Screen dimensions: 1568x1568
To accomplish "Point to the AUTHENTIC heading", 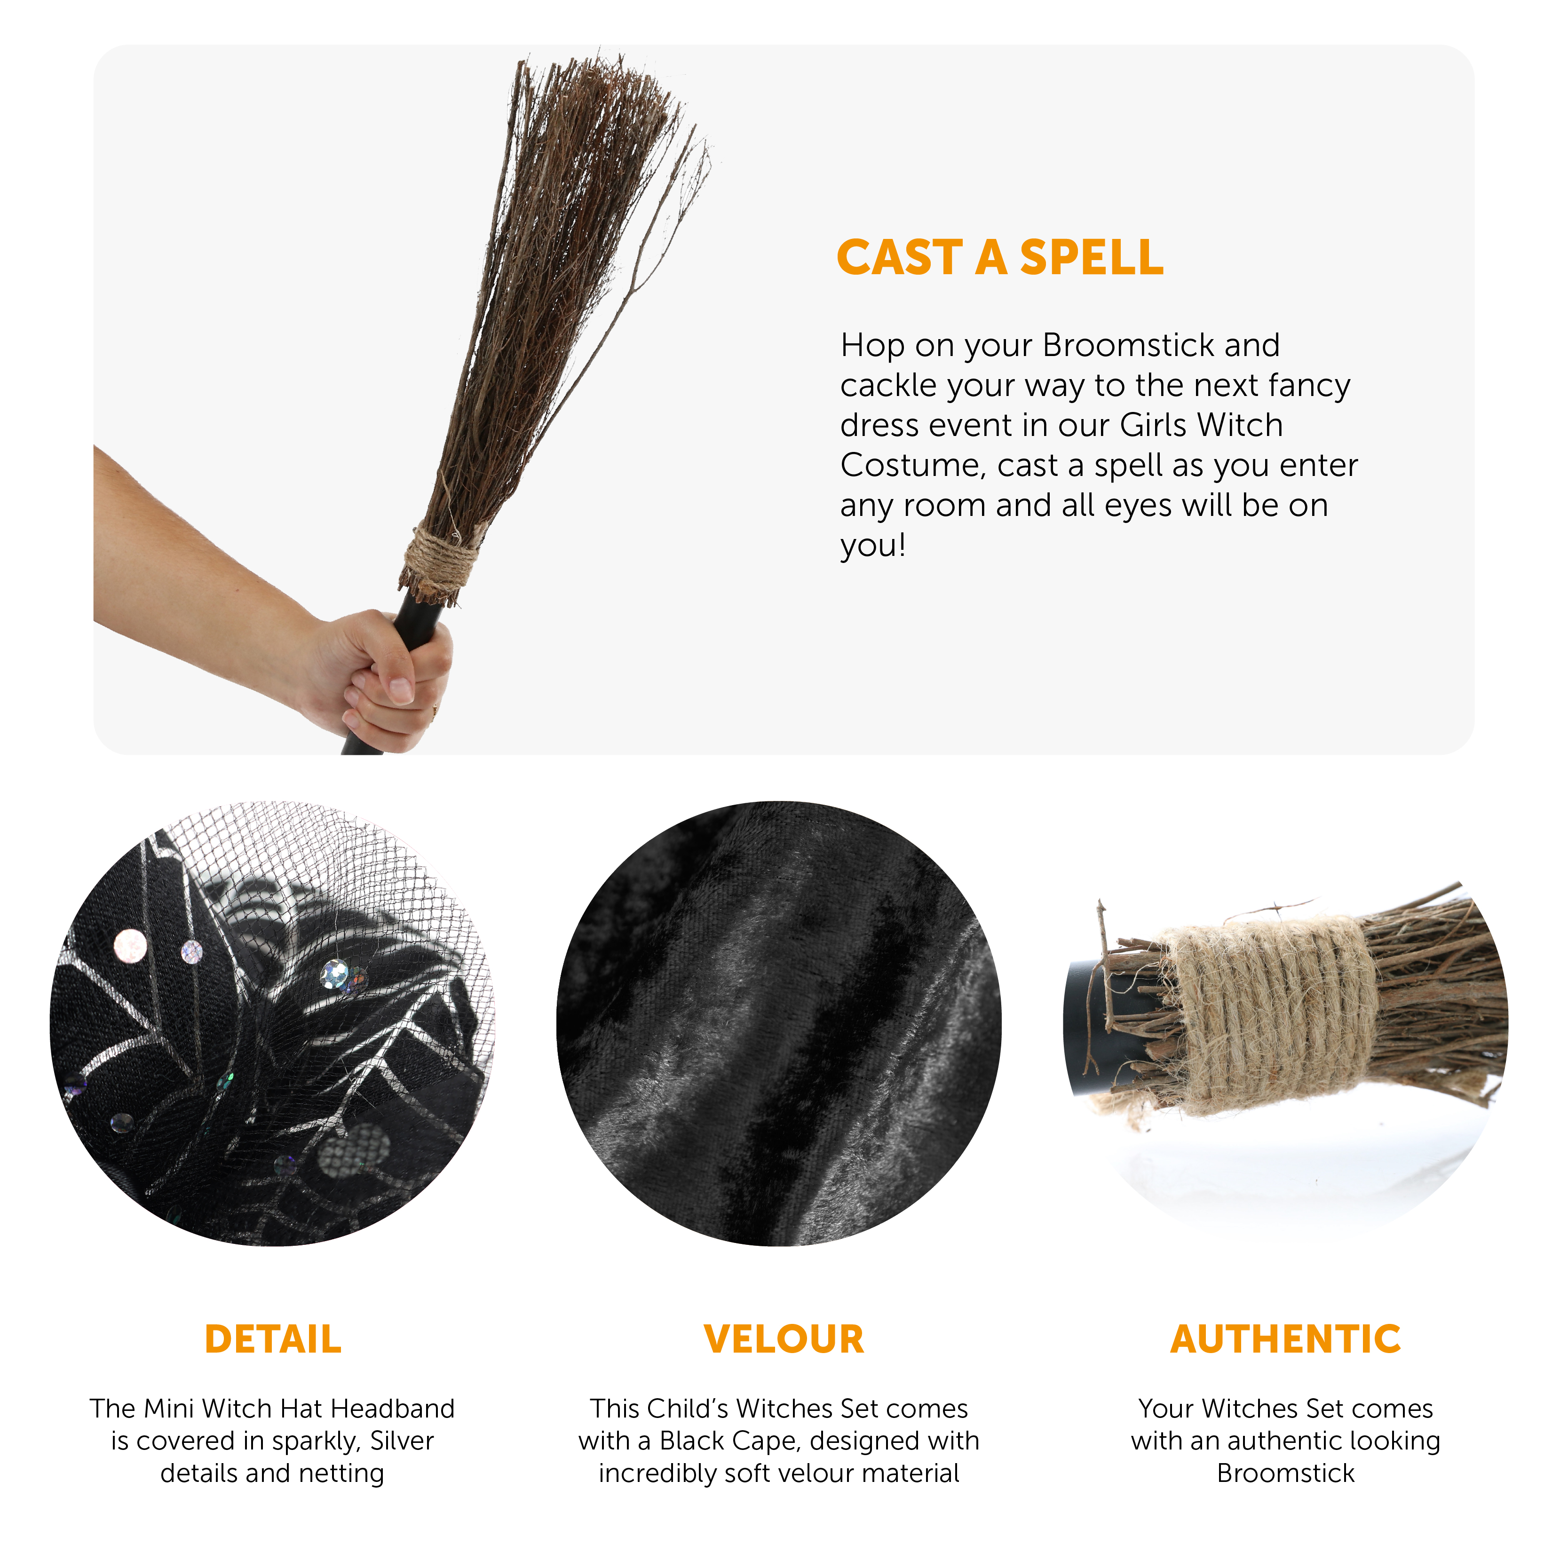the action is (1285, 1338).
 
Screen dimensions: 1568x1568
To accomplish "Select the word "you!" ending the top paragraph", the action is (872, 546).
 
